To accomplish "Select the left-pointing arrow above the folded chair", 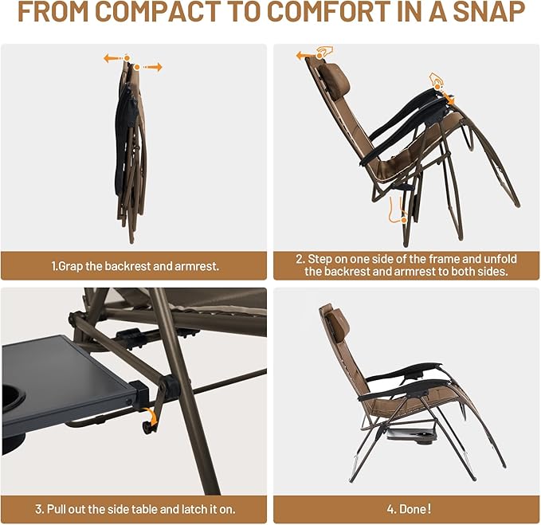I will pos(114,58).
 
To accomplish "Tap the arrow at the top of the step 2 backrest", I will pos(304,56).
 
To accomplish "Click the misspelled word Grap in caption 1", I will pos(69,265).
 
